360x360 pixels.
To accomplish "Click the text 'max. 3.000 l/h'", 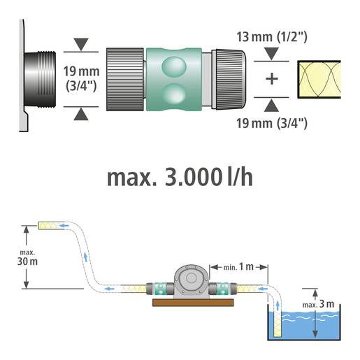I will tap(180, 177).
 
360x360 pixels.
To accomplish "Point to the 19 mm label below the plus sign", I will tap(272, 124).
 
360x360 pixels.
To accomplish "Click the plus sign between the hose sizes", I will tap(272, 78).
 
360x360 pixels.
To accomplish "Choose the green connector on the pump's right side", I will tap(224, 287).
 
